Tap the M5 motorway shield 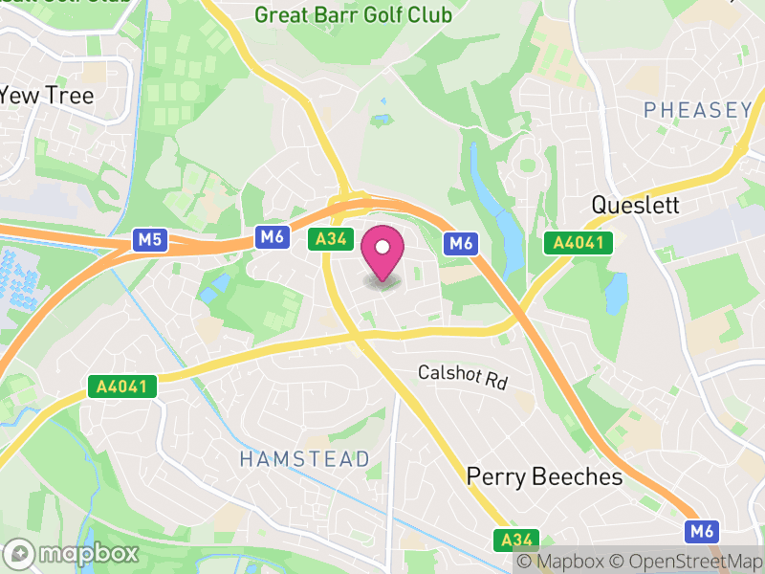pos(149,239)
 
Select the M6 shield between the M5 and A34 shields pos(272,237)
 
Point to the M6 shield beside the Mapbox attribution pos(702,531)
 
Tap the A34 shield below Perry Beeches pos(516,540)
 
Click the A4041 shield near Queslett pos(578,243)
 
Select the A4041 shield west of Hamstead pos(121,386)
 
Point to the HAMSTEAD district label pos(304,459)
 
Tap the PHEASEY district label pos(697,111)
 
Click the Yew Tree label pos(47,96)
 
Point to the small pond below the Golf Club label pos(382,120)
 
